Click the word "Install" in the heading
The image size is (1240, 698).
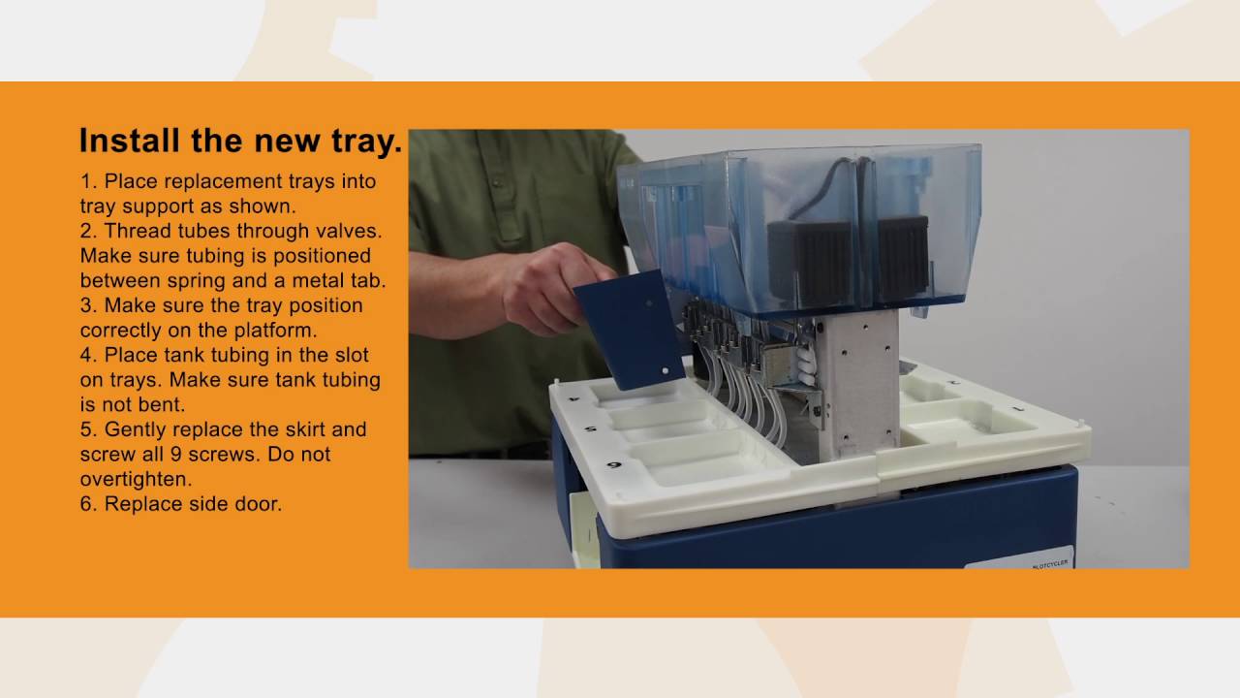(130, 141)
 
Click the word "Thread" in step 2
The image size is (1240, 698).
(137, 231)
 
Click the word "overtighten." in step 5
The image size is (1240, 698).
(137, 479)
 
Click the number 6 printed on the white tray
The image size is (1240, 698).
(614, 464)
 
